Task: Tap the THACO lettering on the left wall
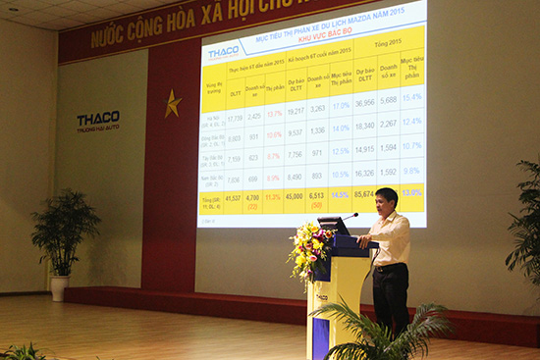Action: tap(98, 119)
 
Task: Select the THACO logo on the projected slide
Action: tap(224, 51)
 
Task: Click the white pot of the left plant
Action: tap(59, 287)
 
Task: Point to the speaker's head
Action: tap(386, 199)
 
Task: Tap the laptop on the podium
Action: tap(334, 227)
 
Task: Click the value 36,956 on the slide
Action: tap(365, 103)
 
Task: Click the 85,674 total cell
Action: tap(365, 194)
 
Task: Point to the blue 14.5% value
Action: tap(341, 195)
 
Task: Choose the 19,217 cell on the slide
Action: tap(294, 111)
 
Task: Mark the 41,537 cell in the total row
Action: tap(233, 199)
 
